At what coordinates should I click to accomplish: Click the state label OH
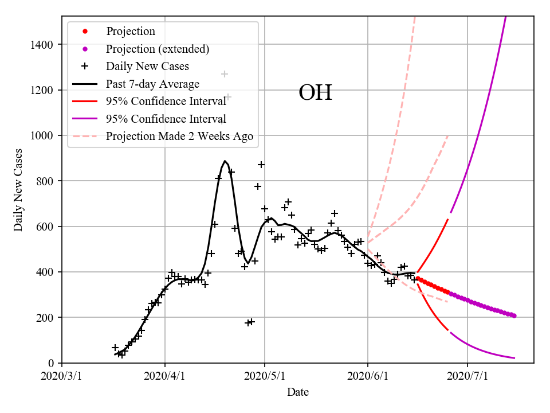315,93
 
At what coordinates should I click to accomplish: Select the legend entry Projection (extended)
158,49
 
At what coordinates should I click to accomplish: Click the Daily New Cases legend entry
147,67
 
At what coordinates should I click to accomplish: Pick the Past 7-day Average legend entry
152,84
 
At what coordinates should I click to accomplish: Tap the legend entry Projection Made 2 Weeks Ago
179,137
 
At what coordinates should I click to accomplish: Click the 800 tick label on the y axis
46,181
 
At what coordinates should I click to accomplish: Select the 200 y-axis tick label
46,318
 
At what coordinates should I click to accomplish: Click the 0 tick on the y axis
52,363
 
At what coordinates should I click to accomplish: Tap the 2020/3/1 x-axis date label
62,376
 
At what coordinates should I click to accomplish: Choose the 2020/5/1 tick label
265,376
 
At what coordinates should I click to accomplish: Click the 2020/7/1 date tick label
467,376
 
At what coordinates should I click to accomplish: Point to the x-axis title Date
298,392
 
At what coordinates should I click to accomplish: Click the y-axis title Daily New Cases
19,189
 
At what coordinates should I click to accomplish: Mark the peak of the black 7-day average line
225,161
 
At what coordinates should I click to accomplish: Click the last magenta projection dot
514,316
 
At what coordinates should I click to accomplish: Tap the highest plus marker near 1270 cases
225,74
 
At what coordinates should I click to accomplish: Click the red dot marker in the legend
85,32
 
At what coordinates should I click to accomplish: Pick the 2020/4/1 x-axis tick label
165,376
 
